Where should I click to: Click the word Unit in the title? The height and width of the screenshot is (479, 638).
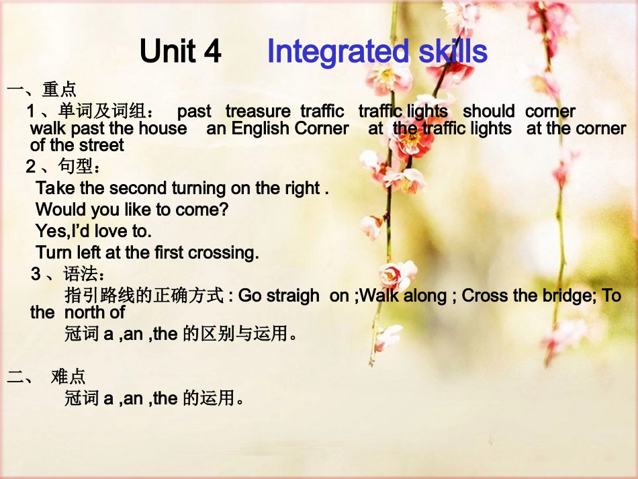[169, 52]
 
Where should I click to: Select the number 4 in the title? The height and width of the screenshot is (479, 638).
[212, 52]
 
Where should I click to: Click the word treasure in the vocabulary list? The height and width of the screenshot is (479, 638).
[258, 112]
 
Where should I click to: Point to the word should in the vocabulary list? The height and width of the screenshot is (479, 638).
[488, 112]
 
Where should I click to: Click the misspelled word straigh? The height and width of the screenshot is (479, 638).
[290, 296]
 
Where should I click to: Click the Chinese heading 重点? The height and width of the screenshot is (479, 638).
[59, 89]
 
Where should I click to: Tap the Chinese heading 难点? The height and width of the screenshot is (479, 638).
[69, 376]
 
